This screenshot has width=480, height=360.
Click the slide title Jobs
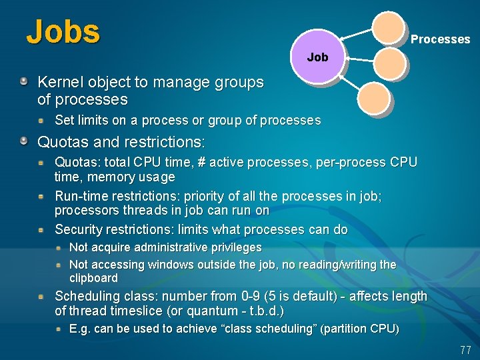(x=63, y=31)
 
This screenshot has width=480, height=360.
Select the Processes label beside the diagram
(x=440, y=39)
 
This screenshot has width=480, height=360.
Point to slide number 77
(x=465, y=349)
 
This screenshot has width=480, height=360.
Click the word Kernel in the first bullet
(x=59, y=83)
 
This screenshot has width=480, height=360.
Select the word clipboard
(x=93, y=278)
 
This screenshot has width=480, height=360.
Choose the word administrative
(x=163, y=248)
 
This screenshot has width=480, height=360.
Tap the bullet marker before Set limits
(x=41, y=121)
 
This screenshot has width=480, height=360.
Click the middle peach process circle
(x=389, y=64)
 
